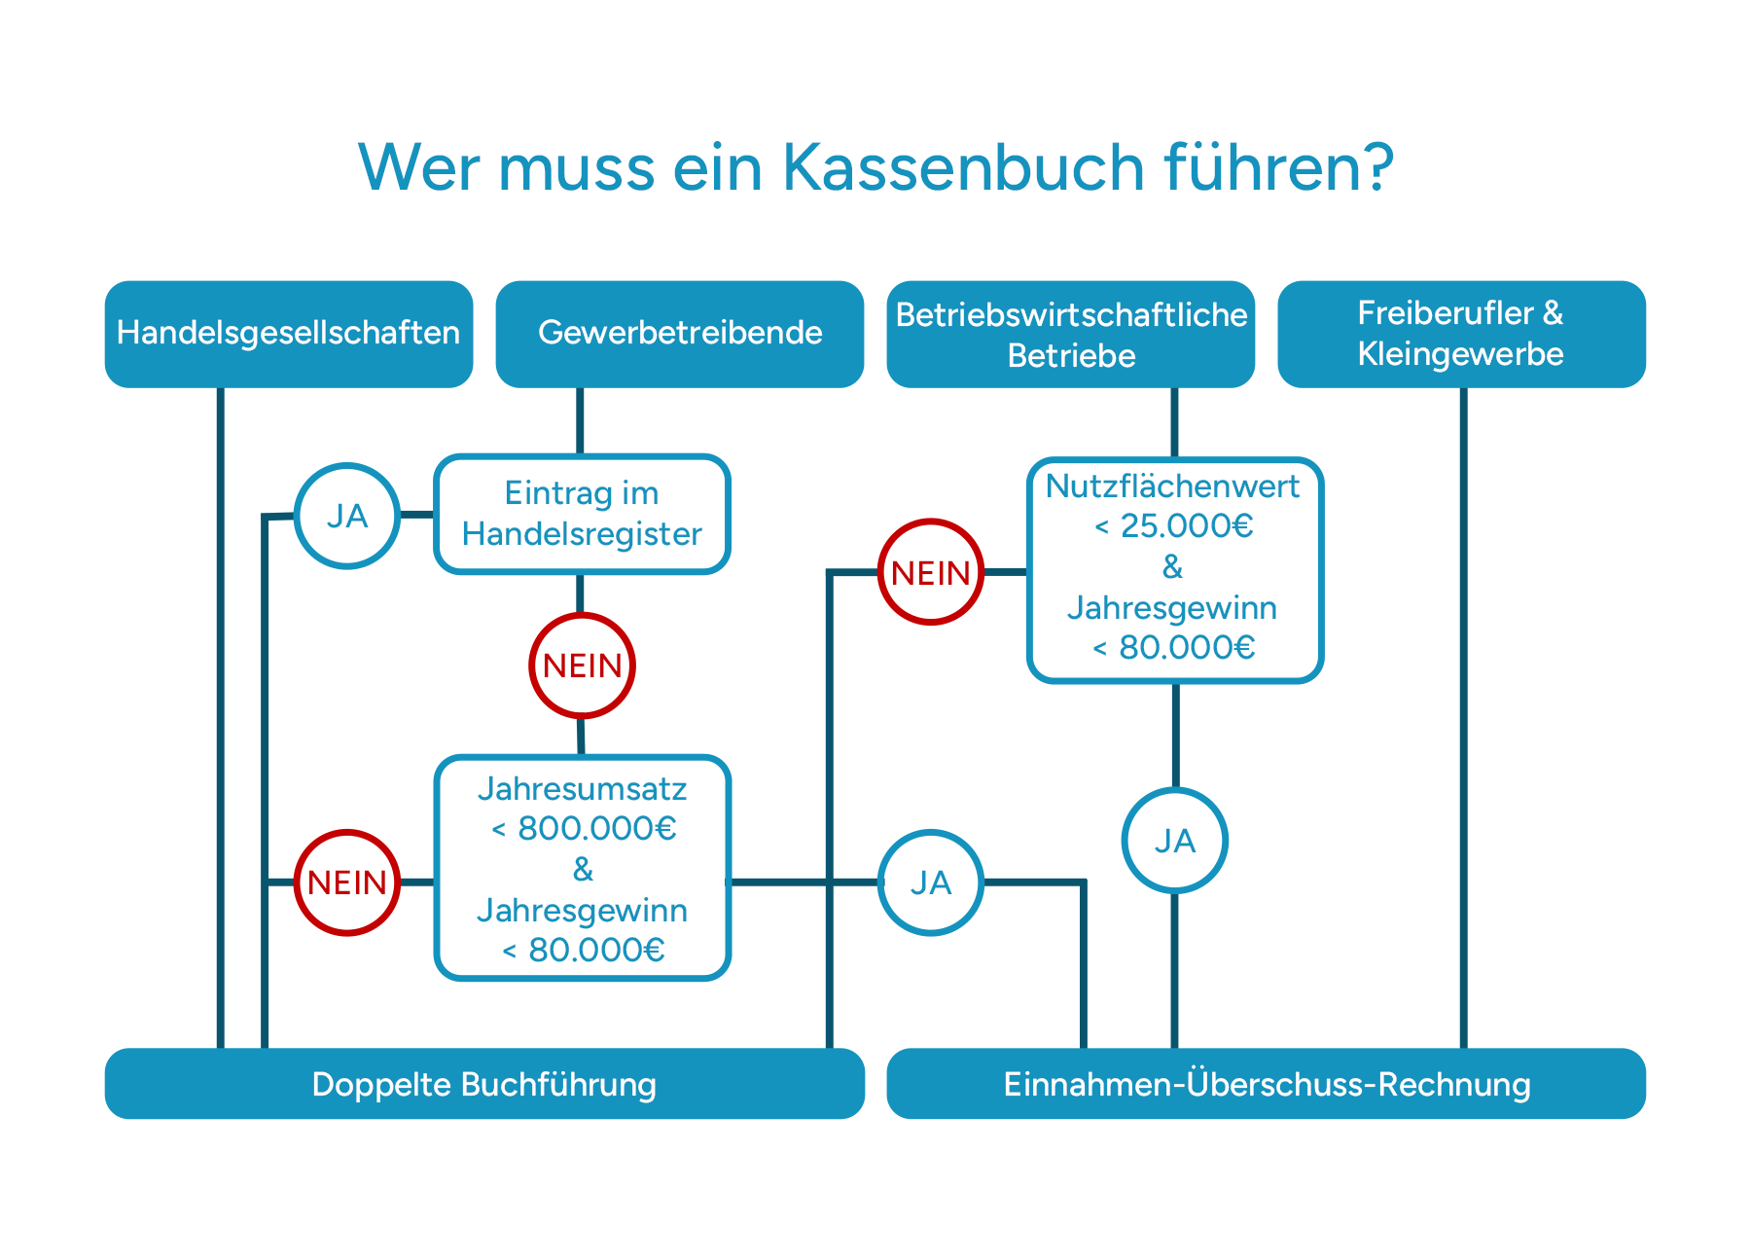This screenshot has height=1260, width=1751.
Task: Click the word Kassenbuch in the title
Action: click(x=964, y=168)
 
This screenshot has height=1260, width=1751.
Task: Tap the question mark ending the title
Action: click(x=1376, y=168)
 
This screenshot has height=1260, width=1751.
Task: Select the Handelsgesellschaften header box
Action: click(x=289, y=334)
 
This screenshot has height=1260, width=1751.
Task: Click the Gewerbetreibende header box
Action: click(x=680, y=334)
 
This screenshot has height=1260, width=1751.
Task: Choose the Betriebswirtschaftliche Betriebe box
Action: click(x=1071, y=334)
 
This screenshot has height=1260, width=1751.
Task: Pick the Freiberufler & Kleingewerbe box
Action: click(x=1461, y=334)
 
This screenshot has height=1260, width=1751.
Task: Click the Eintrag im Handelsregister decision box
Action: click(x=582, y=514)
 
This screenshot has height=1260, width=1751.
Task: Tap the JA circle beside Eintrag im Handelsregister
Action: click(x=347, y=516)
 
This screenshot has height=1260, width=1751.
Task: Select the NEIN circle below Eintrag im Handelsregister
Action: click(x=582, y=666)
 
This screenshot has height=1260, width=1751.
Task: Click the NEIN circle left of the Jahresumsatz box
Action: click(x=347, y=882)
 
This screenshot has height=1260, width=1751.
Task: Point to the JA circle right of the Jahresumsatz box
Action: click(x=931, y=882)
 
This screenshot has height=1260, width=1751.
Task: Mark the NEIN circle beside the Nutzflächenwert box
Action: click(x=931, y=572)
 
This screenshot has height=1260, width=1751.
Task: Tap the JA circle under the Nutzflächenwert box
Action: click(x=1175, y=841)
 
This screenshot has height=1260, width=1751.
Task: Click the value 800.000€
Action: click(x=596, y=829)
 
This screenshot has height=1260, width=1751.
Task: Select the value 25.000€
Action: click(x=1186, y=526)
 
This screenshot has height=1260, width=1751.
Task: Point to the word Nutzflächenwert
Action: click(x=1172, y=486)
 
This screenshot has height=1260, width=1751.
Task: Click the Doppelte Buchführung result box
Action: click(x=484, y=1084)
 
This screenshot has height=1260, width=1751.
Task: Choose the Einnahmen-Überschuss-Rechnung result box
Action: click(x=1267, y=1084)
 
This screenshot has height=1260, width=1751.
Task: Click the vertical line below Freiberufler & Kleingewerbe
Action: click(x=1463, y=720)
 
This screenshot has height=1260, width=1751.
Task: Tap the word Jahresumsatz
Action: click(x=582, y=788)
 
